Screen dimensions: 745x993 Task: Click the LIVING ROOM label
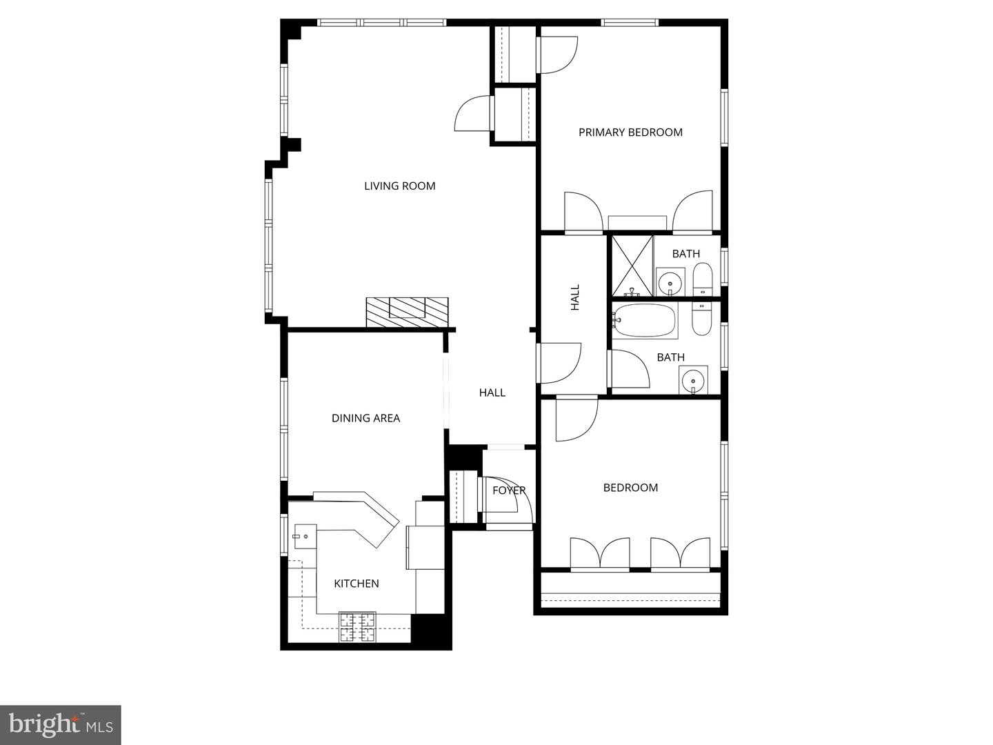(399, 186)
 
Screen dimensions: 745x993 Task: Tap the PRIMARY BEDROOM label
(630, 132)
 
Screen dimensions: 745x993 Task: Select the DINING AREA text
(365, 418)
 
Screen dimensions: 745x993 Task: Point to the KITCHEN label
(357, 584)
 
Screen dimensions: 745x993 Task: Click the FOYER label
(509, 490)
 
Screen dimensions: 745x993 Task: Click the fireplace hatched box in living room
(407, 312)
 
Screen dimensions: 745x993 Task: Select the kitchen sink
(304, 535)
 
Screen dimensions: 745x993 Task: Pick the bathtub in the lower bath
(645, 321)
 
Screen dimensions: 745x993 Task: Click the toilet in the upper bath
(702, 279)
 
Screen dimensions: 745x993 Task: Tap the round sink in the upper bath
(670, 283)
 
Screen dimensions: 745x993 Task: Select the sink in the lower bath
(692, 380)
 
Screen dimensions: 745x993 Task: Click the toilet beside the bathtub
(701, 320)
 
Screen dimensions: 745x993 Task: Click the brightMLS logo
(61, 725)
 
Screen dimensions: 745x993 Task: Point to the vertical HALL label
(575, 297)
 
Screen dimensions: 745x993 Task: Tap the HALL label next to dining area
(492, 393)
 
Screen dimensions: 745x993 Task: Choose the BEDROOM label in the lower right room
(630, 488)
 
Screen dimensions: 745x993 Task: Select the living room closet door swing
(472, 114)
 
